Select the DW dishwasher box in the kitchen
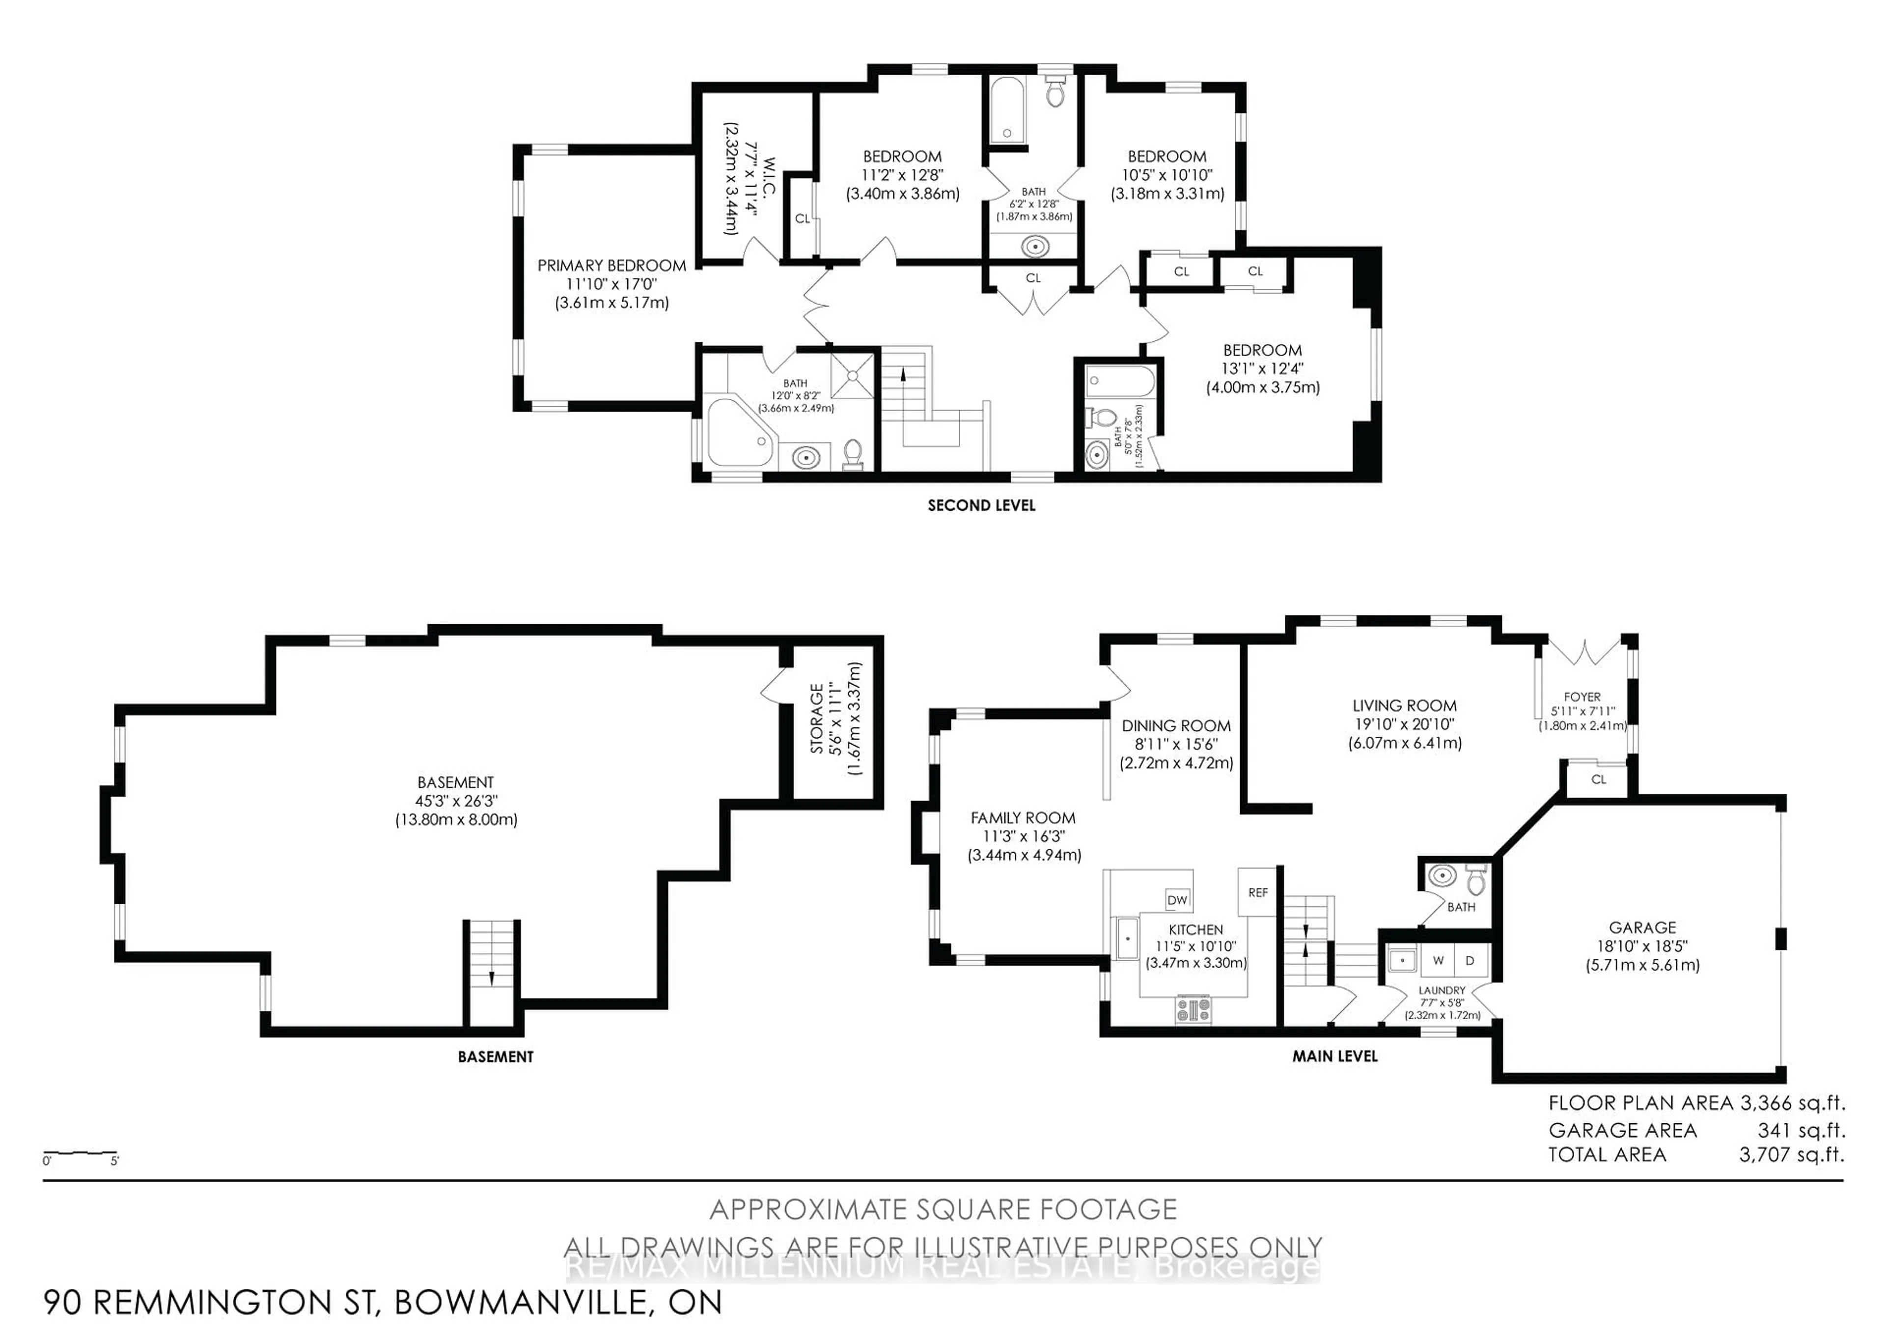point(1177,899)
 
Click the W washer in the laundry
point(1439,960)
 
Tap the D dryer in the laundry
point(1470,960)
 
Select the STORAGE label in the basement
point(816,719)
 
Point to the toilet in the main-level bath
point(1476,881)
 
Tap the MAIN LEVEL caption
point(1335,1056)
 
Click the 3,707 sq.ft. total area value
point(1791,1155)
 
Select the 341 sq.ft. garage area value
point(1801,1130)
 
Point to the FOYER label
point(1581,696)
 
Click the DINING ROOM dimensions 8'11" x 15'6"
point(1176,744)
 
